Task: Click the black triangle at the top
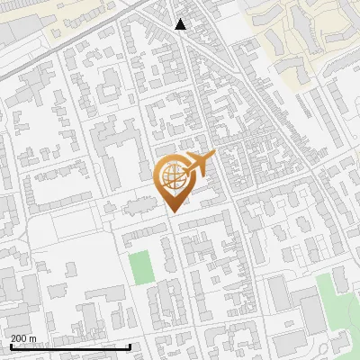[181, 24]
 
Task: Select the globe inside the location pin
[174, 176]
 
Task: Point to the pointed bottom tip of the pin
[174, 212]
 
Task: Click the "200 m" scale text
[22, 338]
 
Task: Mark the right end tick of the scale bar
[130, 346]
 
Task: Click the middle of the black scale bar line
[69, 347]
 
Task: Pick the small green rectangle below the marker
[139, 267]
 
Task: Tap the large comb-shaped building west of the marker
[112, 148]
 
